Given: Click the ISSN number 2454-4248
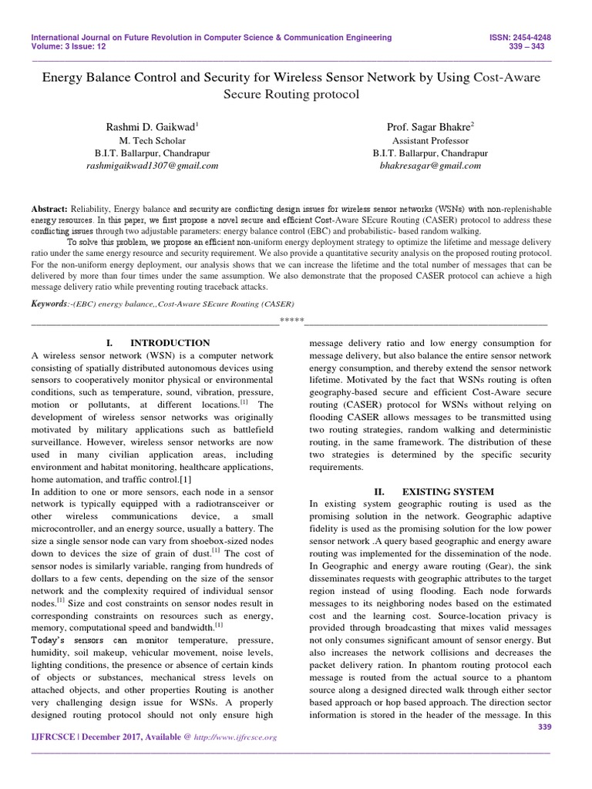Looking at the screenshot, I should (x=538, y=37).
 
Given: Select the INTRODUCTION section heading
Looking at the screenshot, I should (x=170, y=343).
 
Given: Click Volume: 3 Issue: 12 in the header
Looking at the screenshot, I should (x=69, y=46).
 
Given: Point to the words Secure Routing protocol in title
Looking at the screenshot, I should (x=291, y=95).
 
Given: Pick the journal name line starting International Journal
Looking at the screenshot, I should (x=210, y=37).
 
